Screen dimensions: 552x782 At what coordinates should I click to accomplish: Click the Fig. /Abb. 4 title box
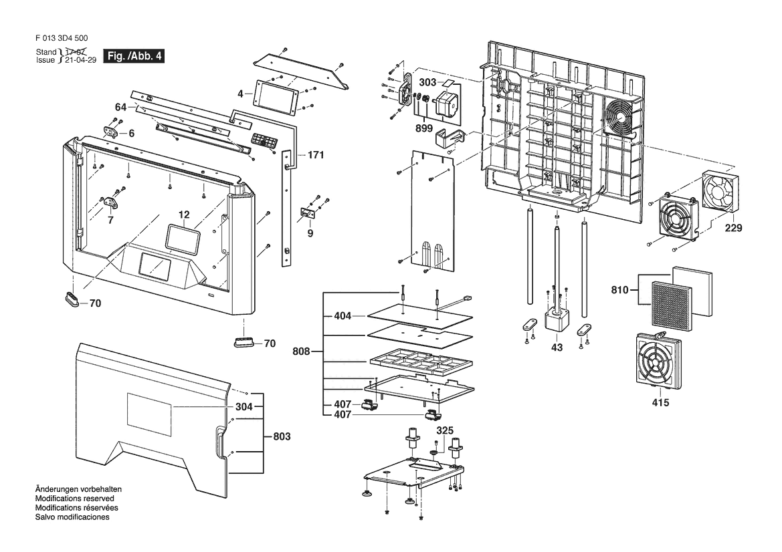(x=133, y=55)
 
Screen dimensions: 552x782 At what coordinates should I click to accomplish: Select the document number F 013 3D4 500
(x=60, y=38)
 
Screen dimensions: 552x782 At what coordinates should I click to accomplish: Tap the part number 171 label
(x=316, y=154)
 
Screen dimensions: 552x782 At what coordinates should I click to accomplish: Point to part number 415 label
(x=660, y=403)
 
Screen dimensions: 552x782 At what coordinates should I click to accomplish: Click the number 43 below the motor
(x=557, y=348)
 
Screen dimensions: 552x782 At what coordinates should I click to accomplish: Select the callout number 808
(x=302, y=352)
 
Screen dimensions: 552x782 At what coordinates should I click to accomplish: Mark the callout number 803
(x=282, y=436)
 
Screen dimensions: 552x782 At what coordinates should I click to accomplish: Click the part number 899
(x=423, y=128)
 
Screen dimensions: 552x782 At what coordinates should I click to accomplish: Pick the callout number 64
(x=120, y=107)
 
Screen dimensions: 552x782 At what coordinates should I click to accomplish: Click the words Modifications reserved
(x=74, y=499)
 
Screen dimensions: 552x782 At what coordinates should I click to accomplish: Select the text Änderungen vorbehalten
(x=78, y=489)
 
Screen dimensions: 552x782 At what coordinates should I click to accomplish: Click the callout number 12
(x=184, y=215)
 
